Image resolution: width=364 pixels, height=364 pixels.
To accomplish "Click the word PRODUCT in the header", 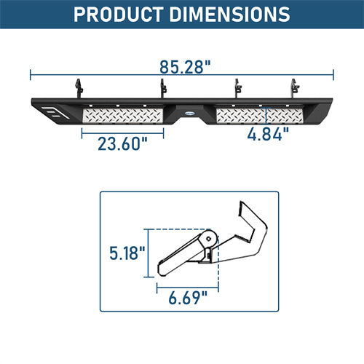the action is point(119,15).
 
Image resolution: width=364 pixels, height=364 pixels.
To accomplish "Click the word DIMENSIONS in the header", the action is point(229,15).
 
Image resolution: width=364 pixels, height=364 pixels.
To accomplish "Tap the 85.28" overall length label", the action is point(185,67).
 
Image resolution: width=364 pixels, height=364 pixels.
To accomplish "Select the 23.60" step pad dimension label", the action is point(122,143).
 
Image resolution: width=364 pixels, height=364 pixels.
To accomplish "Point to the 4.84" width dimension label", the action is point(268,134).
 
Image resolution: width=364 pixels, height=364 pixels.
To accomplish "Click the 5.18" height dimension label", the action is point(127,253).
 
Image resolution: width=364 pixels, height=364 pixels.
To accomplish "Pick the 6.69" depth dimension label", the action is point(188,298).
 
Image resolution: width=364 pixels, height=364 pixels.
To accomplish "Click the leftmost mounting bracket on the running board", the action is point(79,88).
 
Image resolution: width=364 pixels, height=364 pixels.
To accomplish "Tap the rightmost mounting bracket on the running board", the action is point(295,88).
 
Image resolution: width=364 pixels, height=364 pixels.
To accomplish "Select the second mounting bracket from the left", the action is point(163,88).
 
